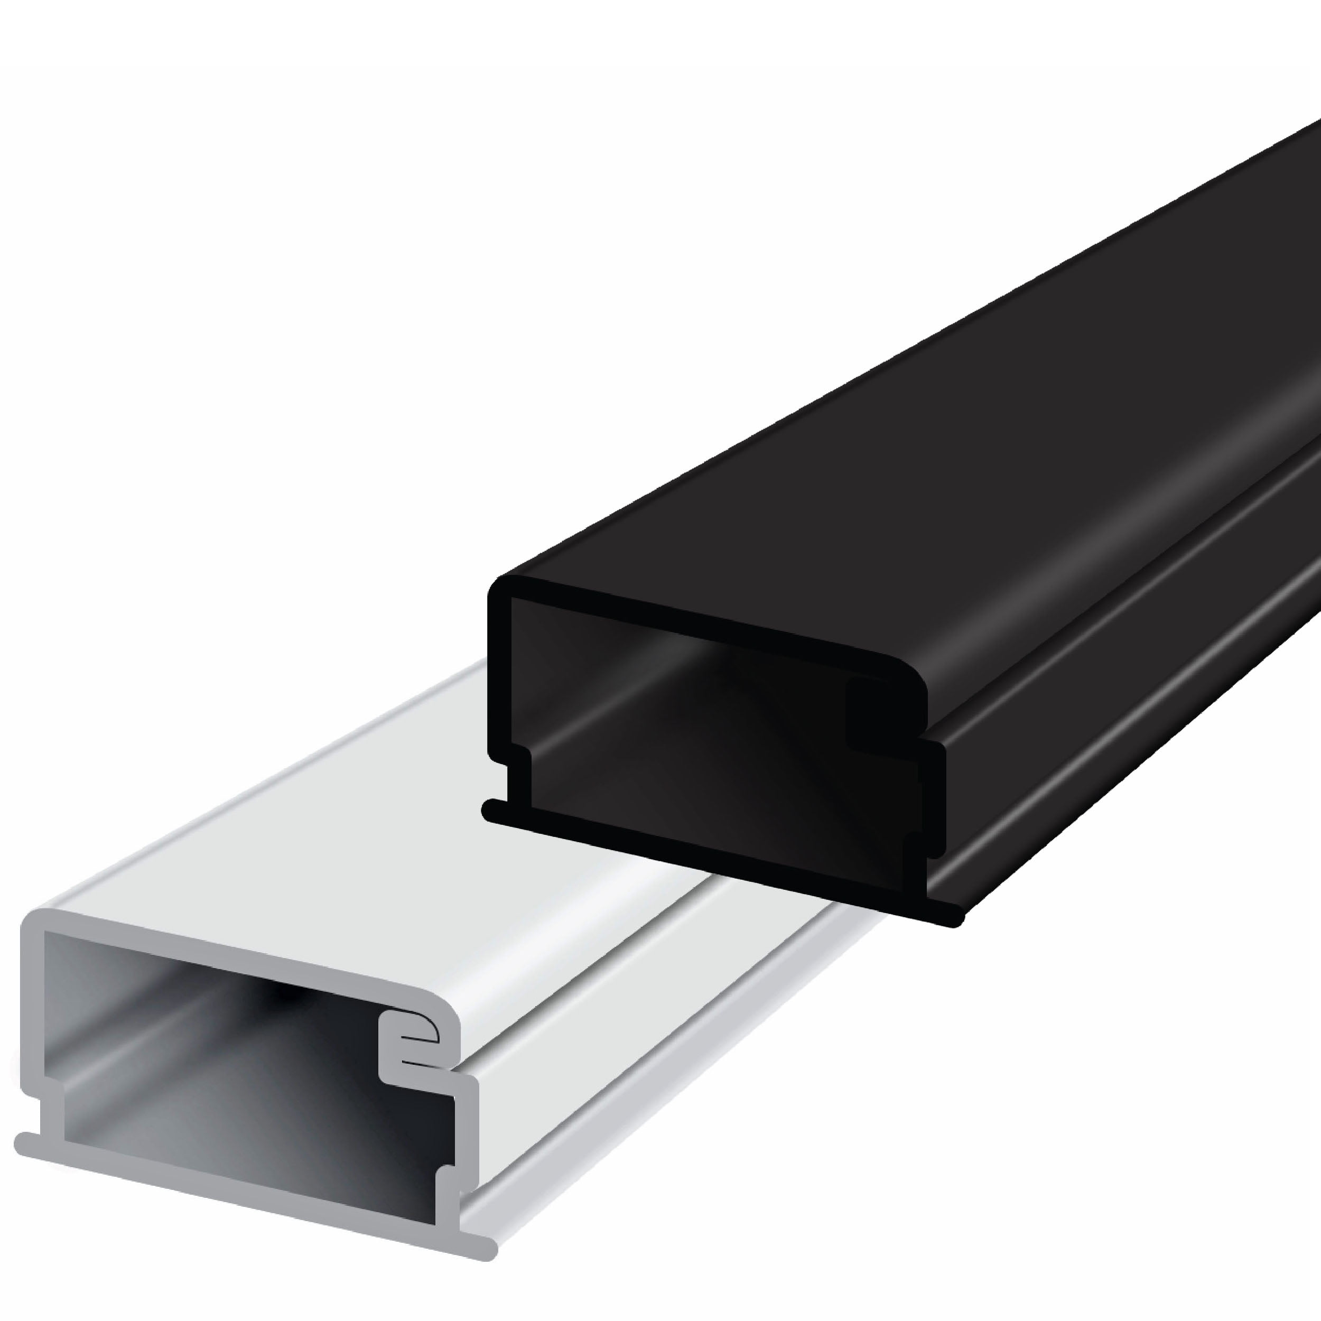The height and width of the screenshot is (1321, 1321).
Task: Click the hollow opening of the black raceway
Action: click(684, 739)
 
